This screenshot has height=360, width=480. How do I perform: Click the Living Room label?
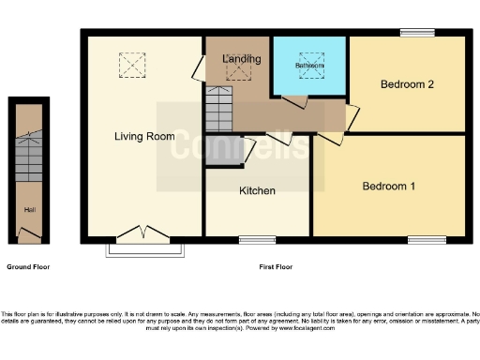144,137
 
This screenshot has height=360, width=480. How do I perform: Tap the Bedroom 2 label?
408,84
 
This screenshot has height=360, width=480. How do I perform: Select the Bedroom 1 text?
389,186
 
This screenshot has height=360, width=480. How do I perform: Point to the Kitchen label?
257,191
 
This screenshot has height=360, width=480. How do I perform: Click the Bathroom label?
309,67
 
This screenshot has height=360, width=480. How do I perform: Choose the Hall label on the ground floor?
30,209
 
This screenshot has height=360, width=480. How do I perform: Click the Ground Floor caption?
28,267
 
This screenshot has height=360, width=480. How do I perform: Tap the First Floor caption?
276,267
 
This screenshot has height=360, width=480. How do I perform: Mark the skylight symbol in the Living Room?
130,65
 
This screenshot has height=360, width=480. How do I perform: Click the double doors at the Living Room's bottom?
144,233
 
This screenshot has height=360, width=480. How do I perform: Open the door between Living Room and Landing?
200,68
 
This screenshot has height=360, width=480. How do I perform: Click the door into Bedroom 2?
352,117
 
